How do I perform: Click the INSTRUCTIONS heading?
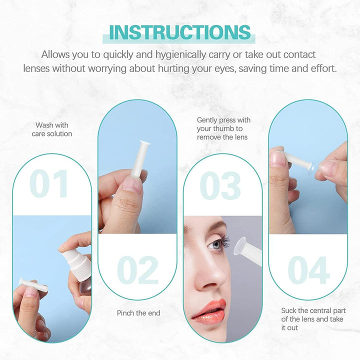click(x=180, y=31)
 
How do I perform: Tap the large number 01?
click(x=49, y=184)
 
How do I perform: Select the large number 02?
click(x=138, y=270)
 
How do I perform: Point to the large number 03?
click(x=220, y=185)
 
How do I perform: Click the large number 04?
click(x=308, y=270)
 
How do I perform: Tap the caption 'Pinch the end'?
click(x=138, y=313)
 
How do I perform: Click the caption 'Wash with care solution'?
click(x=52, y=129)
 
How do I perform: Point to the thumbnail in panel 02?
click(x=131, y=186)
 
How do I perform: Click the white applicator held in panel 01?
click(x=33, y=284)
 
